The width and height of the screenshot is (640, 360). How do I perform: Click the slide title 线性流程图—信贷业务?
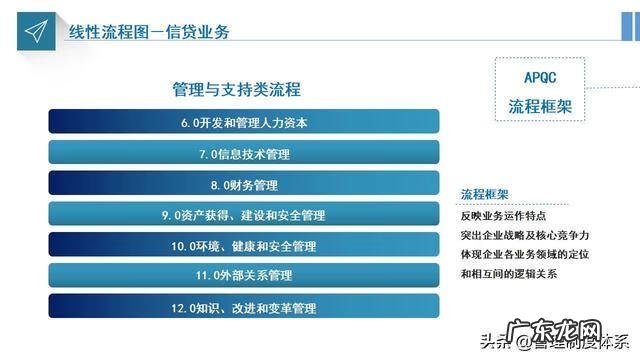click(149, 32)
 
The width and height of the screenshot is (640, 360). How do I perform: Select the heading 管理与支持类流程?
click(237, 90)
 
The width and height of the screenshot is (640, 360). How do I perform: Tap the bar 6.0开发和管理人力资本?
click(244, 124)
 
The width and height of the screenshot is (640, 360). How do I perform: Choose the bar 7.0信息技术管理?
click(244, 154)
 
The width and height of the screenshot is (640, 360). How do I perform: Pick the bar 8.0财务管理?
click(244, 185)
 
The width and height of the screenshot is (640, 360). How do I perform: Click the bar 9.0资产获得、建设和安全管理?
click(244, 215)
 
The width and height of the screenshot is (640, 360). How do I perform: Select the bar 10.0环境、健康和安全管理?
click(244, 246)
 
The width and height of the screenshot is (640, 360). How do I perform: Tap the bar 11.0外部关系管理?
click(244, 276)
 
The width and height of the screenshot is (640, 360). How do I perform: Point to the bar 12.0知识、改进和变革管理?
click(244, 308)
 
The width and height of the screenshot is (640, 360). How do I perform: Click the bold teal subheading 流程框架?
click(485, 194)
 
